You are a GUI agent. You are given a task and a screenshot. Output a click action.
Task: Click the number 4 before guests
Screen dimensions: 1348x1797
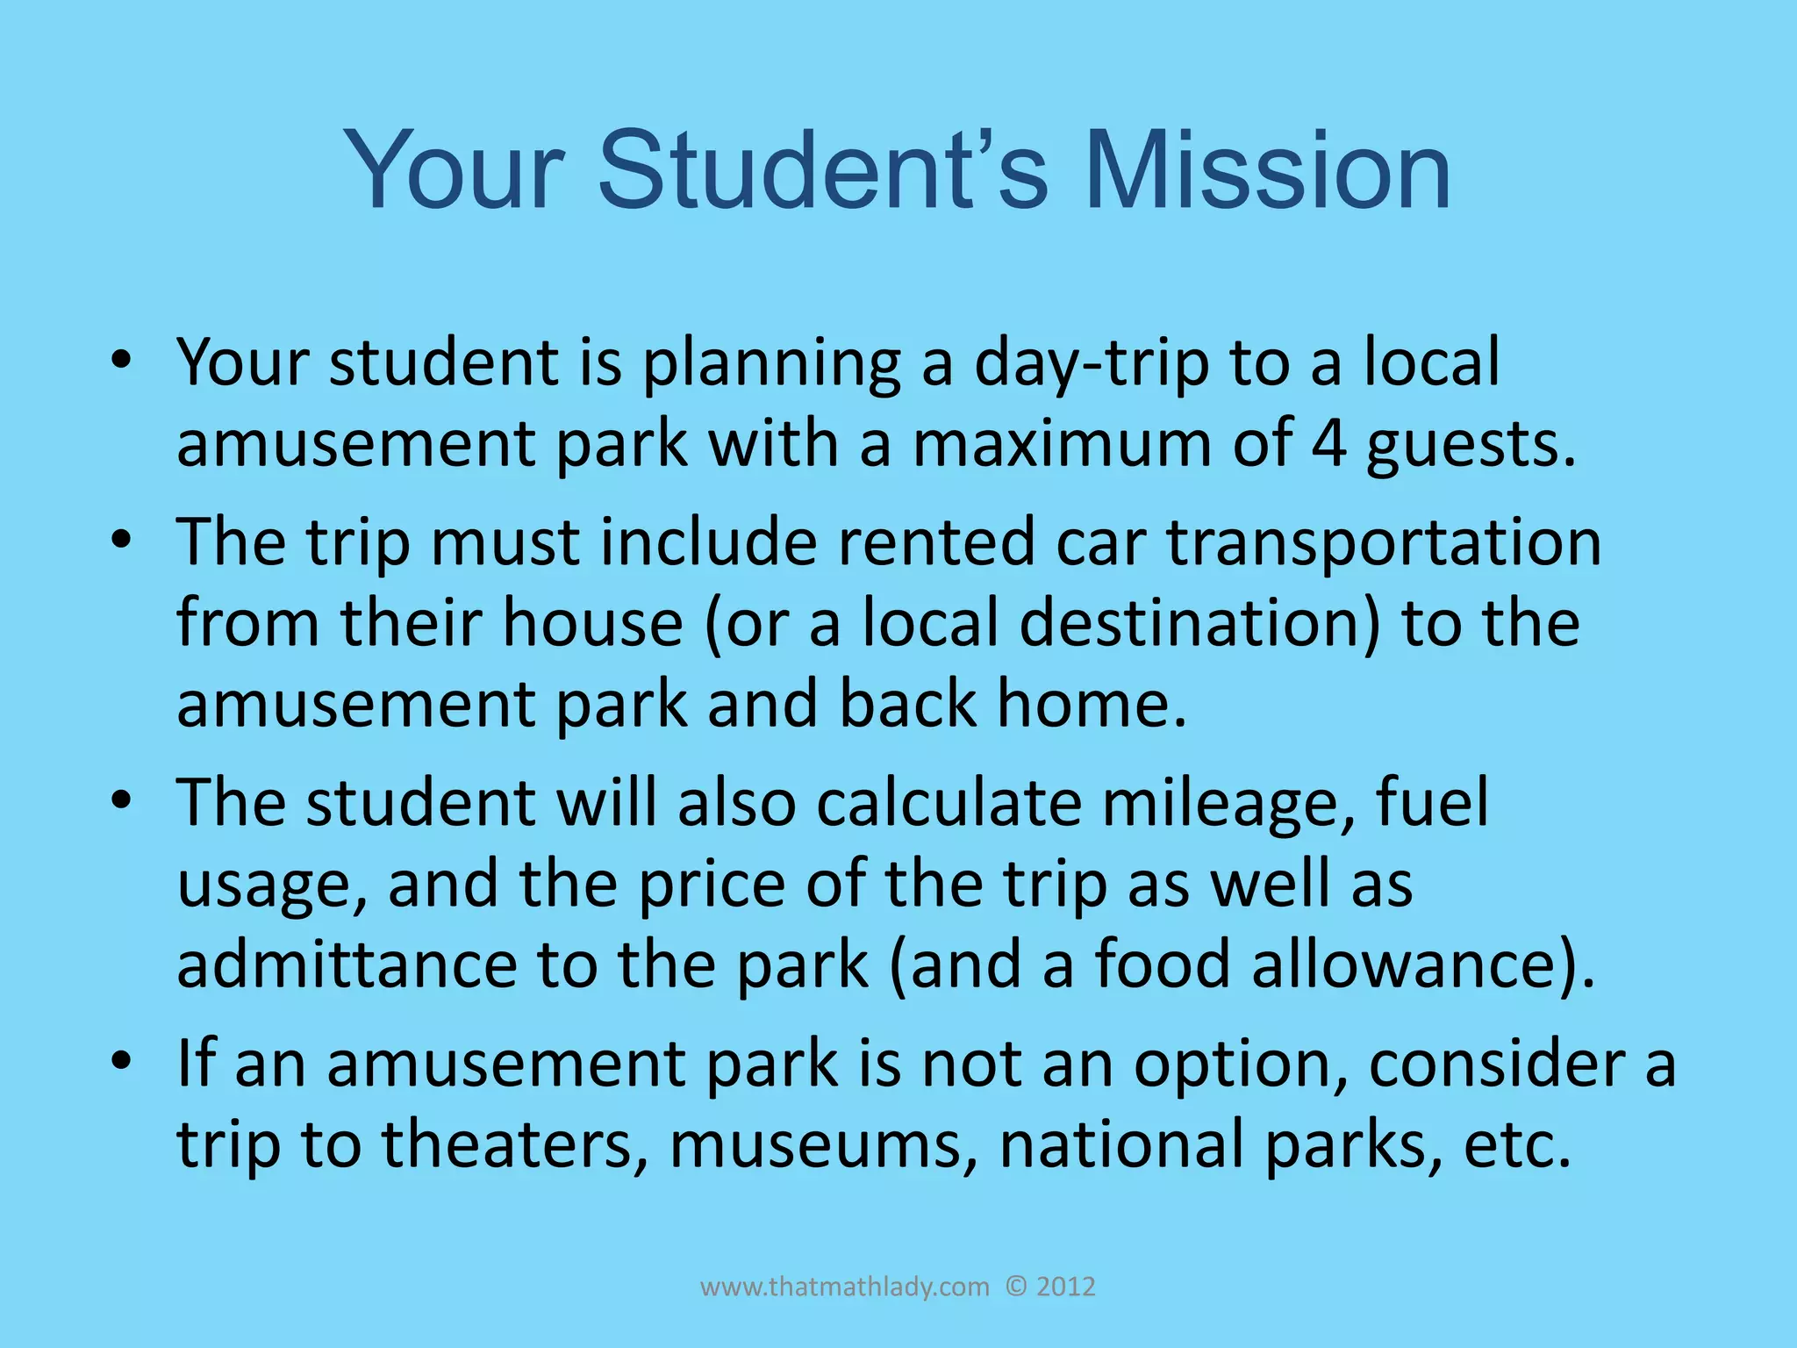[1328, 443]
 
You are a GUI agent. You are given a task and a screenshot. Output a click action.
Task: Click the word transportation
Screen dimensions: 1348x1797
[1384, 542]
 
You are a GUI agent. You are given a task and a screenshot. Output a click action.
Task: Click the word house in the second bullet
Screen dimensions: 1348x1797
[592, 623]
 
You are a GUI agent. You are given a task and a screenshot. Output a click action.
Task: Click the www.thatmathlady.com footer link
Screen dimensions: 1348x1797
[844, 1287]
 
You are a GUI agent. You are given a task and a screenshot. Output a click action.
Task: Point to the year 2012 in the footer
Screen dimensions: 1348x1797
[1065, 1287]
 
